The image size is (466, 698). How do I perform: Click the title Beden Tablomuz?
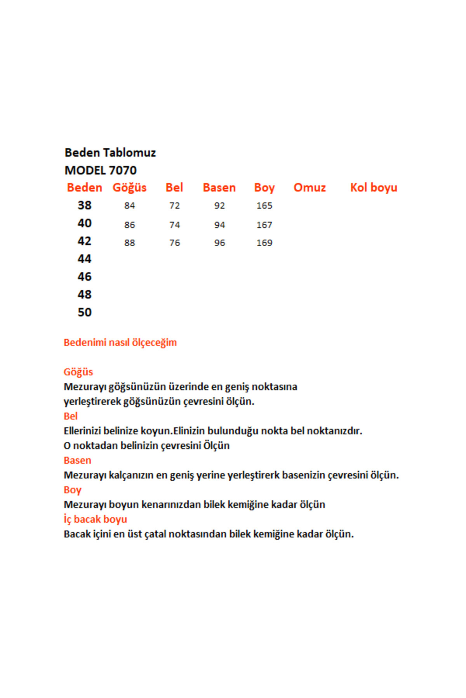pyautogui.click(x=110, y=152)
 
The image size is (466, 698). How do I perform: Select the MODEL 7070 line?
pyautogui.click(x=101, y=170)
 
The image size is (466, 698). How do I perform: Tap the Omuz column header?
pyautogui.click(x=310, y=188)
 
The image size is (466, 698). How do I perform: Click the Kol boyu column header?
pyautogui.click(x=374, y=188)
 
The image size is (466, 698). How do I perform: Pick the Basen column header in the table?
pyautogui.click(x=219, y=188)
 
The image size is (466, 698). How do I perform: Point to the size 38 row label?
pyautogui.click(x=85, y=205)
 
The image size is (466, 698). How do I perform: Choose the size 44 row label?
pyautogui.click(x=85, y=259)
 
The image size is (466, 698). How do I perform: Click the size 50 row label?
pyautogui.click(x=85, y=312)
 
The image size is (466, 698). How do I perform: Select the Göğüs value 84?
pyautogui.click(x=130, y=206)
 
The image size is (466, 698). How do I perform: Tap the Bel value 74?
pyautogui.click(x=174, y=225)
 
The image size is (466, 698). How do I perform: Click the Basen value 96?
pyautogui.click(x=219, y=243)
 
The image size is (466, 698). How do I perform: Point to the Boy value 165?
pyautogui.click(x=264, y=206)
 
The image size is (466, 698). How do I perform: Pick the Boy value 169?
pyautogui.click(x=264, y=243)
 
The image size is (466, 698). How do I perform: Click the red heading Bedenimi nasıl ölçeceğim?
pyautogui.click(x=120, y=342)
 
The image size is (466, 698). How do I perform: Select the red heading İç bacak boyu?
pyautogui.click(x=95, y=519)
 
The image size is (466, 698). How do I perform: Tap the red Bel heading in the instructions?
pyautogui.click(x=71, y=416)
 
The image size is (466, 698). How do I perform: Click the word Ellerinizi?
pyautogui.click(x=82, y=431)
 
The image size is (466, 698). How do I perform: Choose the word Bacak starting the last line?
pyautogui.click(x=77, y=534)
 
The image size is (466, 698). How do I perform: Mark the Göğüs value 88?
pyautogui.click(x=130, y=243)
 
